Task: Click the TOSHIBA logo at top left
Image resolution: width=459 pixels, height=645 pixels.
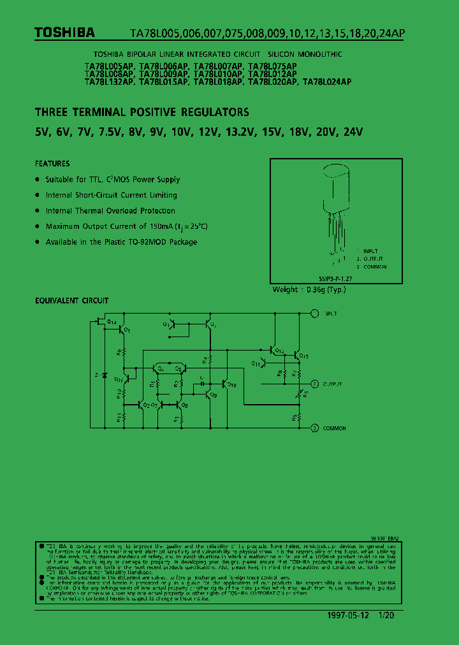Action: pos(64,33)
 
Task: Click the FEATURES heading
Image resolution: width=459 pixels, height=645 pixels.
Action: pos(52,164)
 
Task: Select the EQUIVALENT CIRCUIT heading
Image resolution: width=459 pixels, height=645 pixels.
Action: pos(71,300)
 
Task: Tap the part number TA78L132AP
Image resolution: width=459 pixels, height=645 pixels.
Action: pos(109,82)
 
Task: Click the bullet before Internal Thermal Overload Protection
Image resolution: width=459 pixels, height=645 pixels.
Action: pos(38,211)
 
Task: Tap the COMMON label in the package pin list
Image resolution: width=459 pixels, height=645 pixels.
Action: pos(375,266)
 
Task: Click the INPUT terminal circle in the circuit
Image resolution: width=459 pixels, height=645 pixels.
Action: pos(314,314)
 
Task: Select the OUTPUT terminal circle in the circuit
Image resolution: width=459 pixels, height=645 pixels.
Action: pos(314,384)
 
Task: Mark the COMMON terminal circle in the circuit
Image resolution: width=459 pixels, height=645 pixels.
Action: pos(314,428)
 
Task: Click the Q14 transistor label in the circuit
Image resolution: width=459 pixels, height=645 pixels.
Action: pos(112,323)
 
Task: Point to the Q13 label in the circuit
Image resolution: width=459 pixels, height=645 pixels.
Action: pos(303,356)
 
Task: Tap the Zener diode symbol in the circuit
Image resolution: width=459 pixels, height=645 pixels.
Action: pos(105,375)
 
